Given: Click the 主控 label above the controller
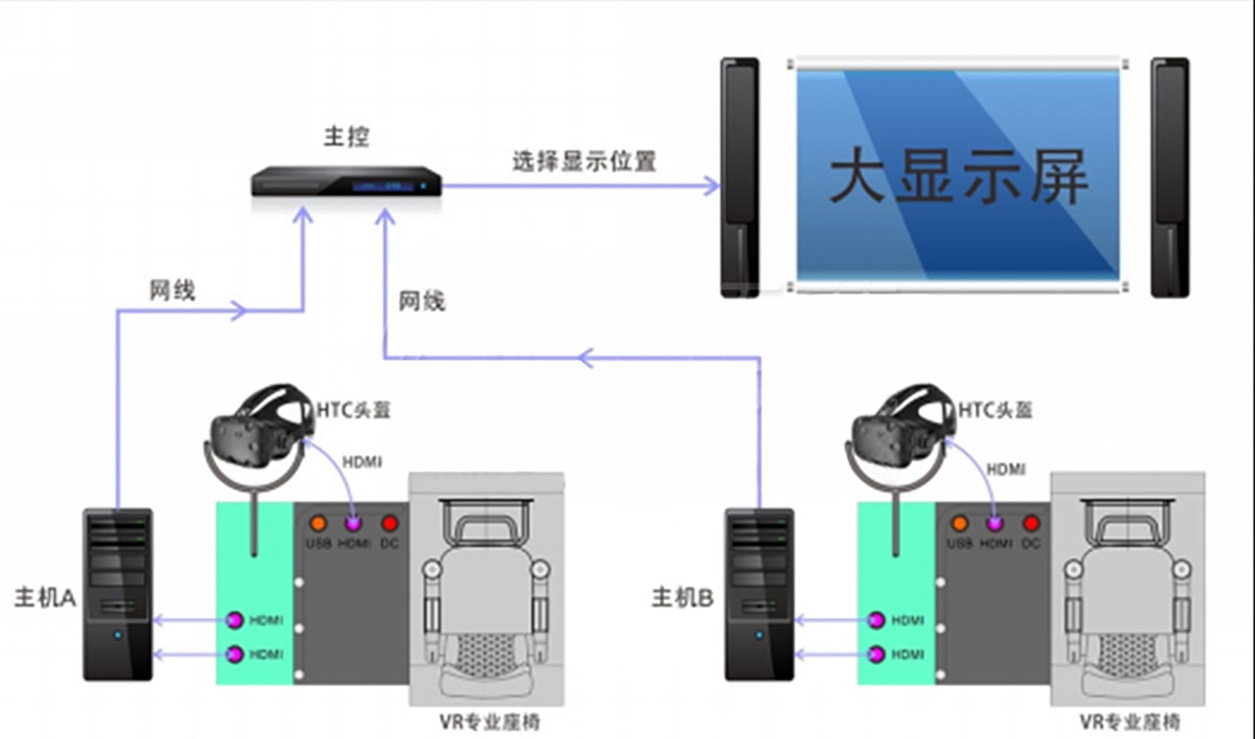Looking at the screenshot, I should [346, 137].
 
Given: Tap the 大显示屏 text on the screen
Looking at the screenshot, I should [958, 177].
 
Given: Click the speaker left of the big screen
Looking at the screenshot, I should [740, 178].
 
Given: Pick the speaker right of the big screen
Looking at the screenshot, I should [1170, 178].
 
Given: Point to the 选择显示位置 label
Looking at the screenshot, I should [584, 161].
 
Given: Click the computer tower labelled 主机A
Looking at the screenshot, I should [117, 594].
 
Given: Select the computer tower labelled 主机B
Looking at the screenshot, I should [759, 594].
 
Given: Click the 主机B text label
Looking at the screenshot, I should [682, 597].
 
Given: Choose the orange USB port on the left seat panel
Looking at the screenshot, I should [317, 523].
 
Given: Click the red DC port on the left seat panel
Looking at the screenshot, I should [389, 523].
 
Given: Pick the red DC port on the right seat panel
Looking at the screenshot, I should [1031, 523].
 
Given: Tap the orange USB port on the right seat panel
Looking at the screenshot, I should [959, 523].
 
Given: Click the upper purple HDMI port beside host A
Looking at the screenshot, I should [235, 620].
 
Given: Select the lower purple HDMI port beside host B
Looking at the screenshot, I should [877, 655].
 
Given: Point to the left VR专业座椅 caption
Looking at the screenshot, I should [490, 721].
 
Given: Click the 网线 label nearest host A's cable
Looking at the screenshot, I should [172, 291].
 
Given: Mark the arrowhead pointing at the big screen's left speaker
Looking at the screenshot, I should [712, 186].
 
